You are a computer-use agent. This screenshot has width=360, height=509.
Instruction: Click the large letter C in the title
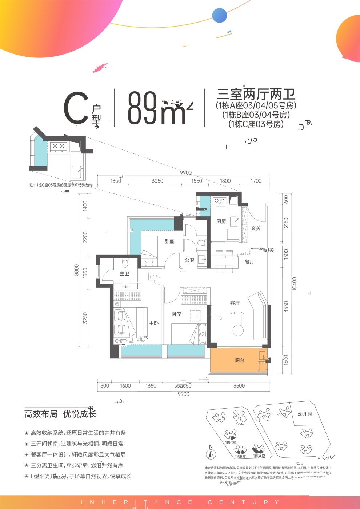click(x=76, y=108)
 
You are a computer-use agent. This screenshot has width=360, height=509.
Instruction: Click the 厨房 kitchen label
click(x=221, y=221)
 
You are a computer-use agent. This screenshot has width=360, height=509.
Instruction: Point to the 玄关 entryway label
click(x=256, y=228)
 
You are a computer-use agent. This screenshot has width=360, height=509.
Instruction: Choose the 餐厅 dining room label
click(x=249, y=262)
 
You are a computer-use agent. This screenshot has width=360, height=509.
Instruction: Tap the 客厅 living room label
click(x=235, y=303)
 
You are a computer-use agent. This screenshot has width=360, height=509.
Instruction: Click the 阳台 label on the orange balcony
click(x=240, y=360)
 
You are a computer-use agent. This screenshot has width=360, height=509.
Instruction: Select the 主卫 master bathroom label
click(x=124, y=273)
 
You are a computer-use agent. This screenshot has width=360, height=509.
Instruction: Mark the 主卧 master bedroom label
click(x=153, y=323)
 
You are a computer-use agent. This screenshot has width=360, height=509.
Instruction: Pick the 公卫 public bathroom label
click(x=189, y=260)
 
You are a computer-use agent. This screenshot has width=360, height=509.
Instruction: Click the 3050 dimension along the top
click(x=157, y=181)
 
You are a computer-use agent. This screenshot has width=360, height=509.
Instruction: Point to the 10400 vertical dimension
click(x=295, y=284)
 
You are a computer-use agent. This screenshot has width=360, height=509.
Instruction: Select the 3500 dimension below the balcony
click(x=239, y=386)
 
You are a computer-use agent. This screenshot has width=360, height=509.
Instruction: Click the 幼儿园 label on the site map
click(x=305, y=414)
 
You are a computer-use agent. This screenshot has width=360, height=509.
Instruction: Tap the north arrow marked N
click(x=210, y=452)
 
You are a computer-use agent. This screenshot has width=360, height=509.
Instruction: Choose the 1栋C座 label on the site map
click(x=231, y=442)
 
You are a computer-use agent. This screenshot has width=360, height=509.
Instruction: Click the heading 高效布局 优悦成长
click(x=60, y=414)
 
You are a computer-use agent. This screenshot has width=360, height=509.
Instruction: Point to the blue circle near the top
click(x=220, y=16)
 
